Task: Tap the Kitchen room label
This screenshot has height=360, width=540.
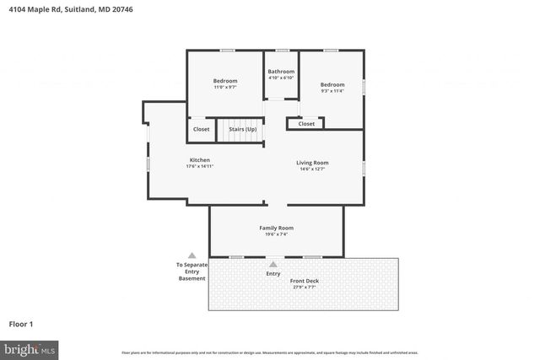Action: pyautogui.click(x=199, y=159)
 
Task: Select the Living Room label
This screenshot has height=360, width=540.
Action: pyautogui.click(x=311, y=162)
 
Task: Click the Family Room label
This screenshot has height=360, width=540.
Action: pyautogui.click(x=276, y=228)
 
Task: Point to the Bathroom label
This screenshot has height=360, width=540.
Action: pyautogui.click(x=281, y=72)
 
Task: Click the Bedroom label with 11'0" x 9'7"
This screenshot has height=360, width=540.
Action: pyautogui.click(x=224, y=80)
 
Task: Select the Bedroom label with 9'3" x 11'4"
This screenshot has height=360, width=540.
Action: pyautogui.click(x=332, y=84)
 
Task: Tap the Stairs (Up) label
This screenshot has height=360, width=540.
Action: pyautogui.click(x=242, y=129)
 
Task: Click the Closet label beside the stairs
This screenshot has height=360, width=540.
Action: pyautogui.click(x=201, y=129)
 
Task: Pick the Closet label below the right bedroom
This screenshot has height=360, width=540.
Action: pyautogui.click(x=306, y=124)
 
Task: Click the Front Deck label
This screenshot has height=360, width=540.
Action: pyautogui.click(x=305, y=281)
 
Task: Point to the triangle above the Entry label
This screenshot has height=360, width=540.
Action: pyautogui.click(x=273, y=265)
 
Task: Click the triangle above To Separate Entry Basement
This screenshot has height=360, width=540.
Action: pyautogui.click(x=192, y=255)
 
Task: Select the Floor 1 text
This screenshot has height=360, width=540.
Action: pyautogui.click(x=21, y=324)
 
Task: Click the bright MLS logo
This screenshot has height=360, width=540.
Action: pyautogui.click(x=30, y=348)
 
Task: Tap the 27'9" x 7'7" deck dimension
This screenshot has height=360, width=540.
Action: pyautogui.click(x=305, y=287)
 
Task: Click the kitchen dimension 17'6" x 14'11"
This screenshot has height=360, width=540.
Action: pyautogui.click(x=199, y=166)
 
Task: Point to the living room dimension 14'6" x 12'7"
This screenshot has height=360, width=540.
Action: pyautogui.click(x=311, y=169)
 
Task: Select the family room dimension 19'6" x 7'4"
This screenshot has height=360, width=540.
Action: pyautogui.click(x=276, y=234)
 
